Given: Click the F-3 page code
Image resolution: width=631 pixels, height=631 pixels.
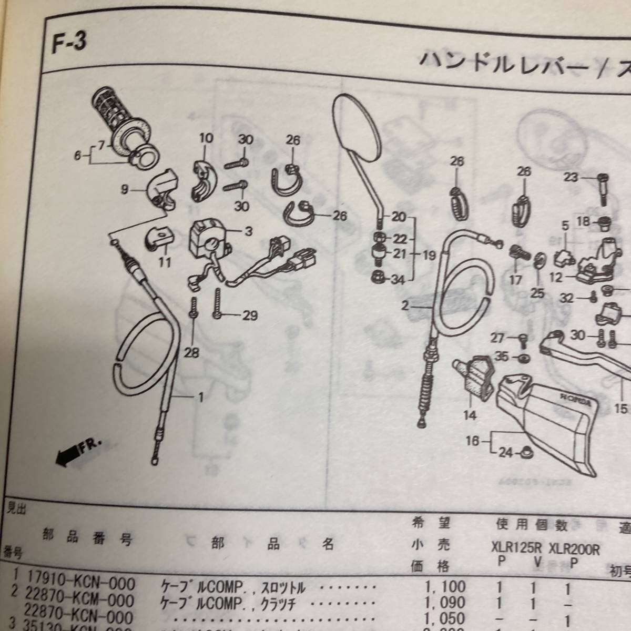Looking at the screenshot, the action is [x=68, y=42].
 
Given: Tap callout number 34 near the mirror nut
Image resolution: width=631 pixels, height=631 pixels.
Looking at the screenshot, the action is [x=398, y=280].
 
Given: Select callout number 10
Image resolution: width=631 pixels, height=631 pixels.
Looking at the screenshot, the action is [x=206, y=138].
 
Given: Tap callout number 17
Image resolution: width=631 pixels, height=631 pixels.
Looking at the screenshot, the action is [x=515, y=280].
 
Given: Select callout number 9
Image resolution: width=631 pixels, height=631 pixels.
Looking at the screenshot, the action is [x=125, y=189].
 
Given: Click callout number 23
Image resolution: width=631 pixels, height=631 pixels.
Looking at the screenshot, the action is [x=571, y=177].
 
